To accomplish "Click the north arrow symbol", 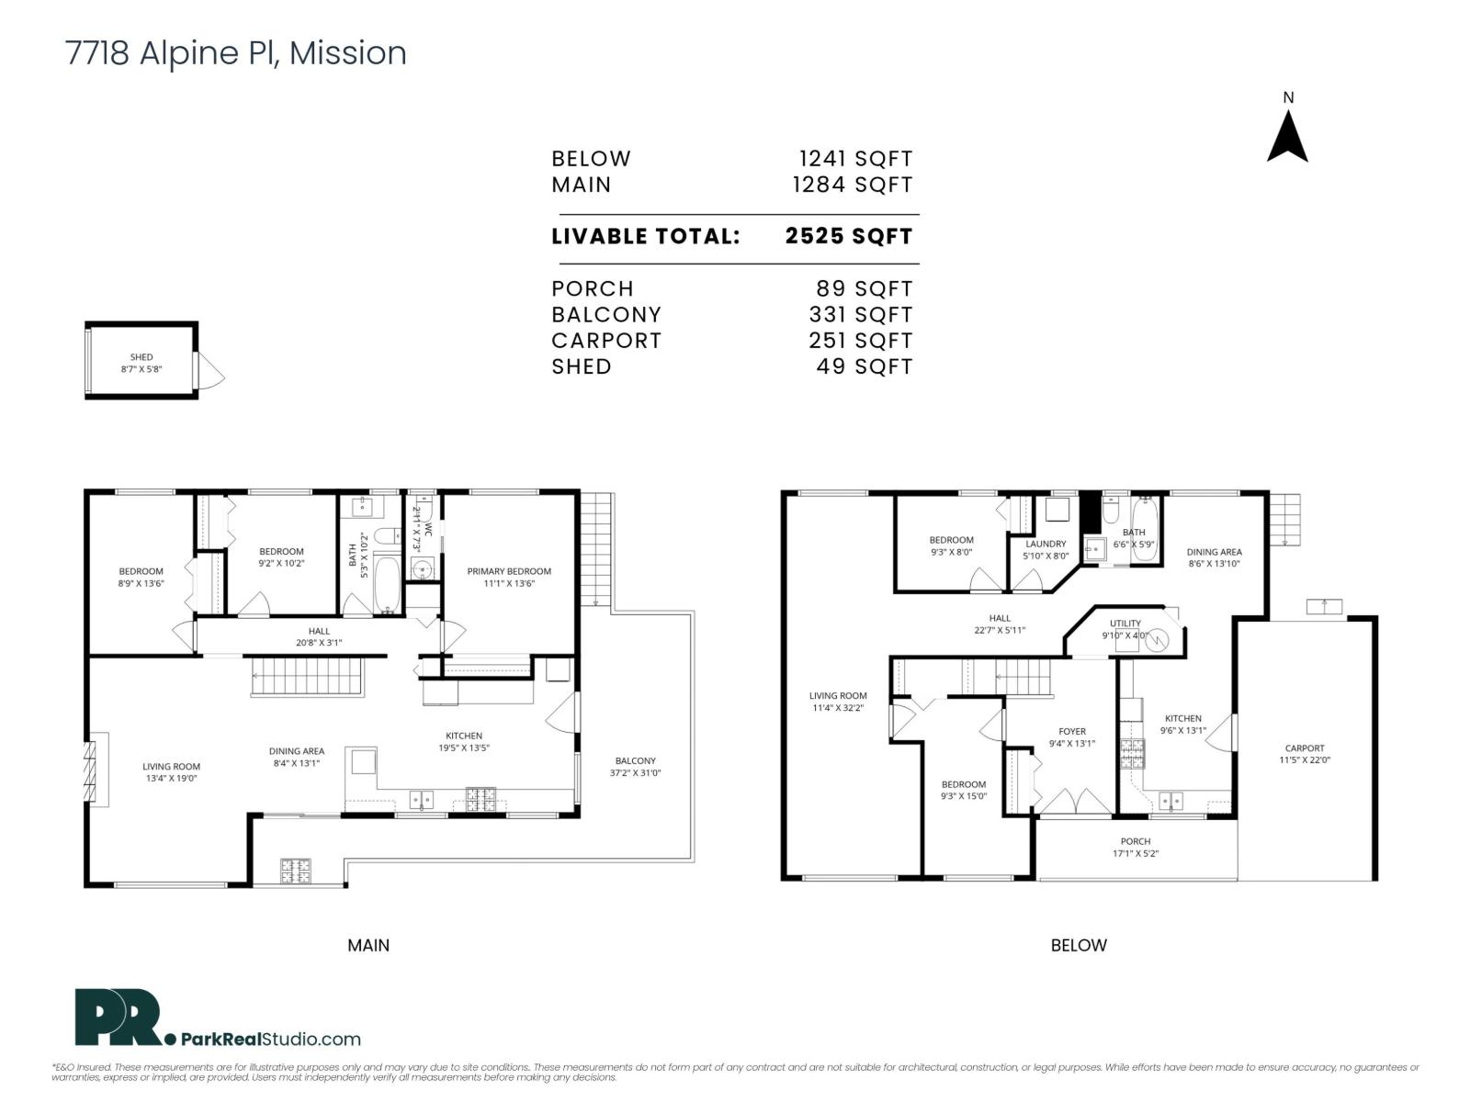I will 1287,136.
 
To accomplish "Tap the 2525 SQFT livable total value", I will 848,236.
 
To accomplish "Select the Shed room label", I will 141,357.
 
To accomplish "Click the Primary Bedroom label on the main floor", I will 509,571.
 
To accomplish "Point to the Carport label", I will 1305,748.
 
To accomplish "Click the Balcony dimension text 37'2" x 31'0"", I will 635,773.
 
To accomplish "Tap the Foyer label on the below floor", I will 1072,732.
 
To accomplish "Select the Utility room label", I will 1125,624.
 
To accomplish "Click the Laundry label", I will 1046,544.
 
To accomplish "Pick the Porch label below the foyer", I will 1136,841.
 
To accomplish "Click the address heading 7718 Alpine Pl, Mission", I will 236,53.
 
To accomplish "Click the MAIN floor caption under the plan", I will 368,945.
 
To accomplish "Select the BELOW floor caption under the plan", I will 1079,945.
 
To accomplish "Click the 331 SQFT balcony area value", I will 860,315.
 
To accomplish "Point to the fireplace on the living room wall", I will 91,770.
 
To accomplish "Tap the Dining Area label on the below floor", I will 1214,552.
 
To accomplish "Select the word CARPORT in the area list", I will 606,341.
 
